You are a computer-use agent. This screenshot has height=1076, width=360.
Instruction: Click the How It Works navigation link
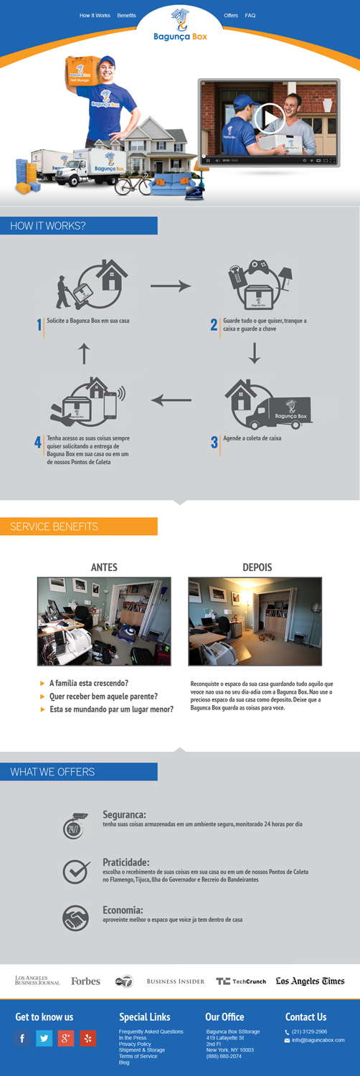click(95, 15)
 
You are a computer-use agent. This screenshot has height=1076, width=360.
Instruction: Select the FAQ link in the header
click(250, 15)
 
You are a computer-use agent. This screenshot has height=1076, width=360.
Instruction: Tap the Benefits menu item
click(126, 15)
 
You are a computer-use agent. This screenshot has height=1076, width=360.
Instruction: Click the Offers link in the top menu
click(231, 15)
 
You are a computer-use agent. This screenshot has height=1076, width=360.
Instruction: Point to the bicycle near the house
click(133, 184)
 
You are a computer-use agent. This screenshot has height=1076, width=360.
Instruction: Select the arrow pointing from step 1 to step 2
click(171, 286)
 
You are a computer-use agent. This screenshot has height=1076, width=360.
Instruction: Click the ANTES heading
click(104, 567)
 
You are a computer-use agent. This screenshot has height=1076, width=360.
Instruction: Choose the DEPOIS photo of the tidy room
click(255, 621)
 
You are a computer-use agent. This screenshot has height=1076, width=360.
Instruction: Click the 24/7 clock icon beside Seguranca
click(74, 827)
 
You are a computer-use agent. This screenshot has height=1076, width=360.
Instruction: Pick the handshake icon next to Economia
click(75, 918)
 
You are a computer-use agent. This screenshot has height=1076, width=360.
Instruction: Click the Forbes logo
click(85, 981)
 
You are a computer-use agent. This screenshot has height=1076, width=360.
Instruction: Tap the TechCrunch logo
click(241, 981)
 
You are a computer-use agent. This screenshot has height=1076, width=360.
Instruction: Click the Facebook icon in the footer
click(22, 1038)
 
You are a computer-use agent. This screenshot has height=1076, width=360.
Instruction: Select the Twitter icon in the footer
click(44, 1038)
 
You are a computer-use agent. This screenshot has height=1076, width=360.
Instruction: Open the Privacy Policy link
click(135, 1044)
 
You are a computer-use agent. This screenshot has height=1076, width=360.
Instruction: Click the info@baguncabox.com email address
click(318, 1039)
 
